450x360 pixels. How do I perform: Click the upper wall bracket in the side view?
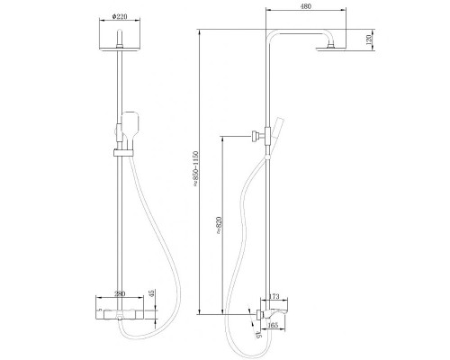[x=258, y=136]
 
